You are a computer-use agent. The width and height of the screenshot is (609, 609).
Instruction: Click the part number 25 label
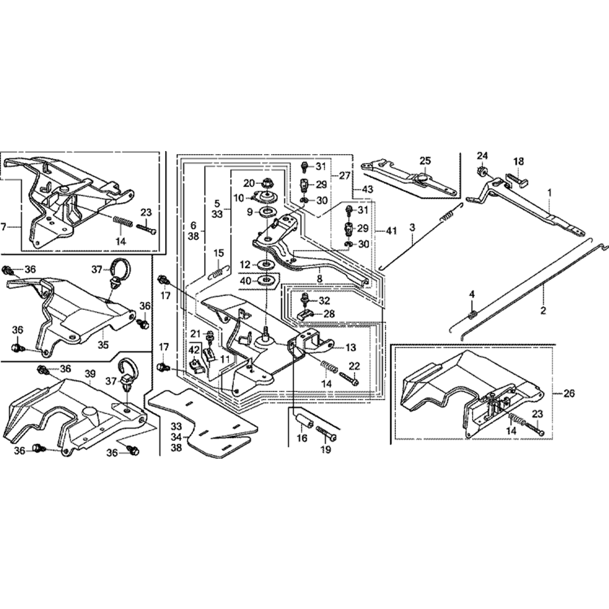click(425, 160)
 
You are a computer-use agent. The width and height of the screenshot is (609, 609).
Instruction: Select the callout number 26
click(569, 393)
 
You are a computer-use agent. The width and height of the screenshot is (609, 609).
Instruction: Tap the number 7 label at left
click(5, 227)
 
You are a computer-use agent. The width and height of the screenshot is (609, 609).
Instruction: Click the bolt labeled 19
click(326, 433)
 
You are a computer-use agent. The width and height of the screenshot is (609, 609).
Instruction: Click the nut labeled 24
click(481, 170)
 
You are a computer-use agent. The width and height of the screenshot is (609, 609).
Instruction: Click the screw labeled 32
click(306, 298)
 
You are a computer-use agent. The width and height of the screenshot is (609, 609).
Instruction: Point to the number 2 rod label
click(543, 309)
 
